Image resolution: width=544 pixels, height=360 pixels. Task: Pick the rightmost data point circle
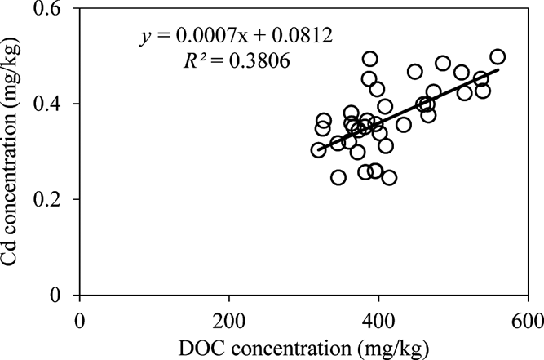[x=498, y=57]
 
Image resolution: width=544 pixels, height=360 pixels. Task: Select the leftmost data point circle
[x=318, y=150]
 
